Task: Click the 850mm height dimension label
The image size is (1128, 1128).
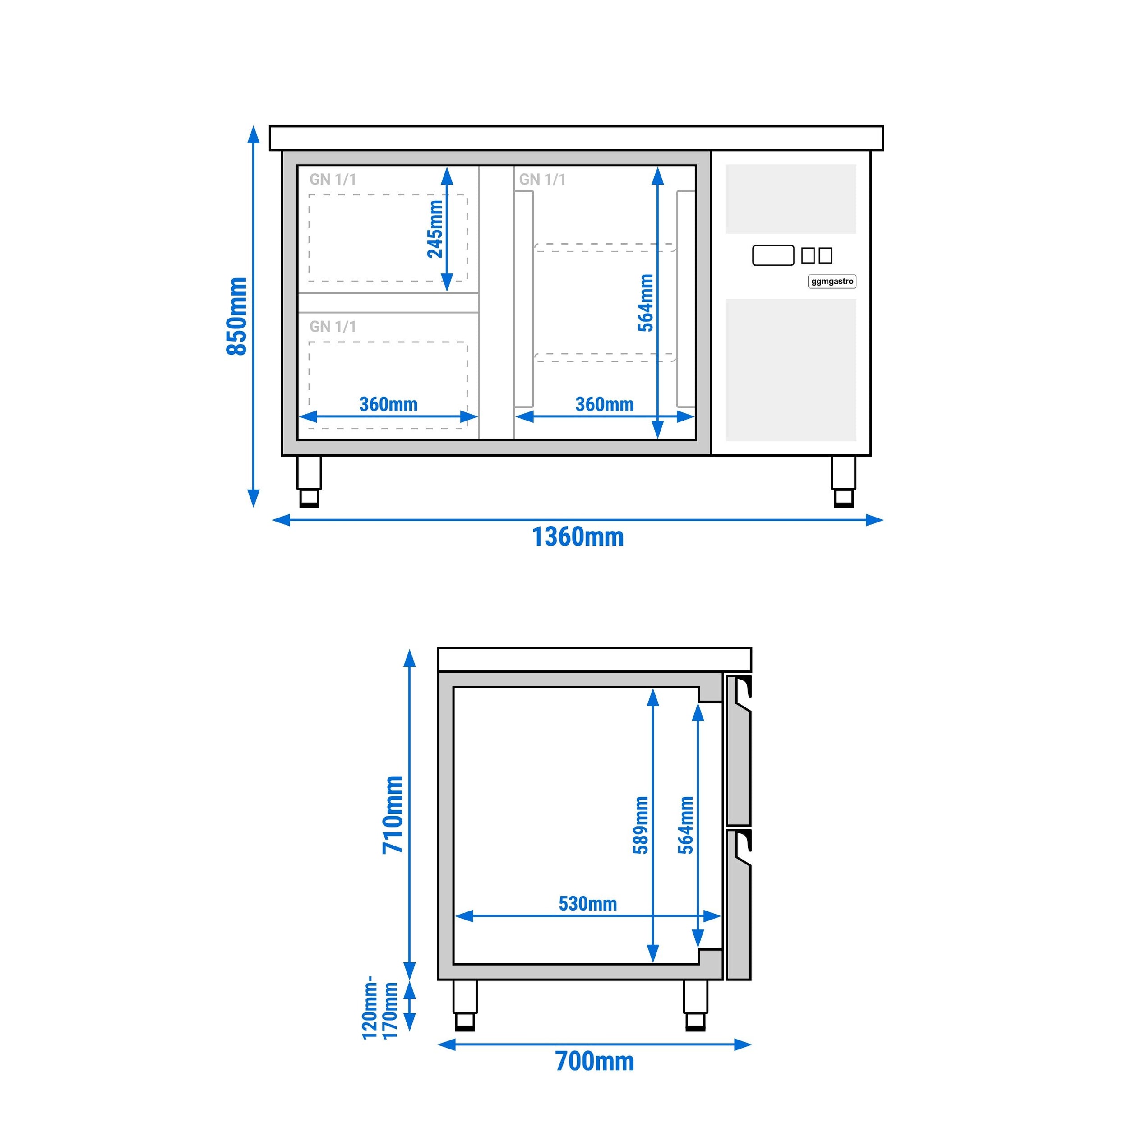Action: (x=236, y=316)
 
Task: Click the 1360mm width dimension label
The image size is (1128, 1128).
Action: (x=578, y=536)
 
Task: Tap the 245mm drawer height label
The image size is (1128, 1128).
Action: (x=435, y=229)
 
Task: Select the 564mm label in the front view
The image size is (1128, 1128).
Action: (x=646, y=302)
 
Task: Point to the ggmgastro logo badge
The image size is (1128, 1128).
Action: (x=832, y=282)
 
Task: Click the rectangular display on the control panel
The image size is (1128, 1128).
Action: (x=773, y=255)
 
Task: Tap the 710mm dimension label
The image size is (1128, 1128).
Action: (x=393, y=814)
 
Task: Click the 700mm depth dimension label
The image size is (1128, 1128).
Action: (x=594, y=1061)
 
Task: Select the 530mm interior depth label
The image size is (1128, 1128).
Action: (x=587, y=904)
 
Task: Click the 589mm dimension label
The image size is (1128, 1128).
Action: (x=641, y=825)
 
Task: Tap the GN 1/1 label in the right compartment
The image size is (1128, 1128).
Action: (x=542, y=179)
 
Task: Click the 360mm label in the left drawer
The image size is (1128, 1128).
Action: (x=388, y=404)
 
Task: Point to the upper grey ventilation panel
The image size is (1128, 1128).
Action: (x=791, y=199)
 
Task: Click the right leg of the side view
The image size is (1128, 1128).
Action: (x=695, y=1004)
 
